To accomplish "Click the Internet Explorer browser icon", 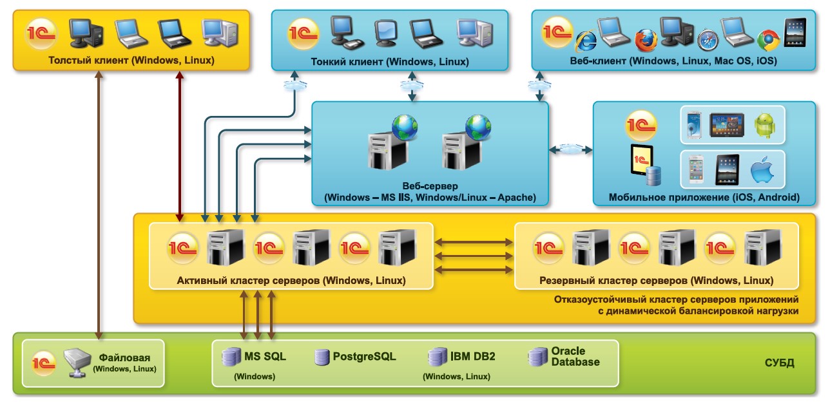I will point(586,41).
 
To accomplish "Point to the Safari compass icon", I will point(707,40).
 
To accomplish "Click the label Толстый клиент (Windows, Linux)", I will point(131,61).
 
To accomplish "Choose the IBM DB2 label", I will point(473,356).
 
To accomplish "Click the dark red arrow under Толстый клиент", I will point(180,142).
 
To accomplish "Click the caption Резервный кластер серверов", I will point(656,281).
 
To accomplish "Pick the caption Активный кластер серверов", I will point(291,281).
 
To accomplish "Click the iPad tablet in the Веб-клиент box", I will point(795,32).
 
